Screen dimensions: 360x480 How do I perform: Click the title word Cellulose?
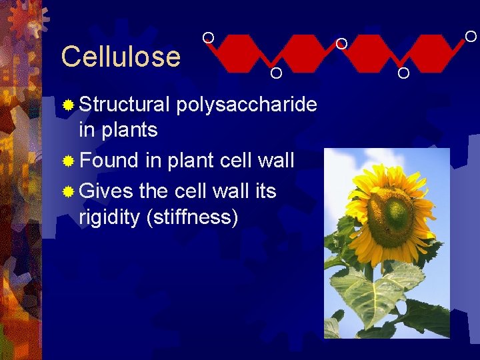pyautogui.click(x=121, y=57)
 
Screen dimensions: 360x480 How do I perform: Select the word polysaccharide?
pyautogui.click(x=247, y=105)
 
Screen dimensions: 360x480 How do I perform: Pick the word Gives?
pyautogui.click(x=107, y=191)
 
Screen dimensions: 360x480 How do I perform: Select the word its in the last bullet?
pyautogui.click(x=264, y=191)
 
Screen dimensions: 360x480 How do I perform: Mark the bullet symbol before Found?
pyautogui.click(x=67, y=161)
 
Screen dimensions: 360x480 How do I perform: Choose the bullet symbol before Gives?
pyautogui.click(x=67, y=192)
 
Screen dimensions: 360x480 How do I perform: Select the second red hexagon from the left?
pyautogui.click(x=307, y=53)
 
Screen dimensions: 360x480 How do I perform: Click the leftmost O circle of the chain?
pyautogui.click(x=208, y=37)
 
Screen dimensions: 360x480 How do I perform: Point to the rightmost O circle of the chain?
pyautogui.click(x=471, y=36)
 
